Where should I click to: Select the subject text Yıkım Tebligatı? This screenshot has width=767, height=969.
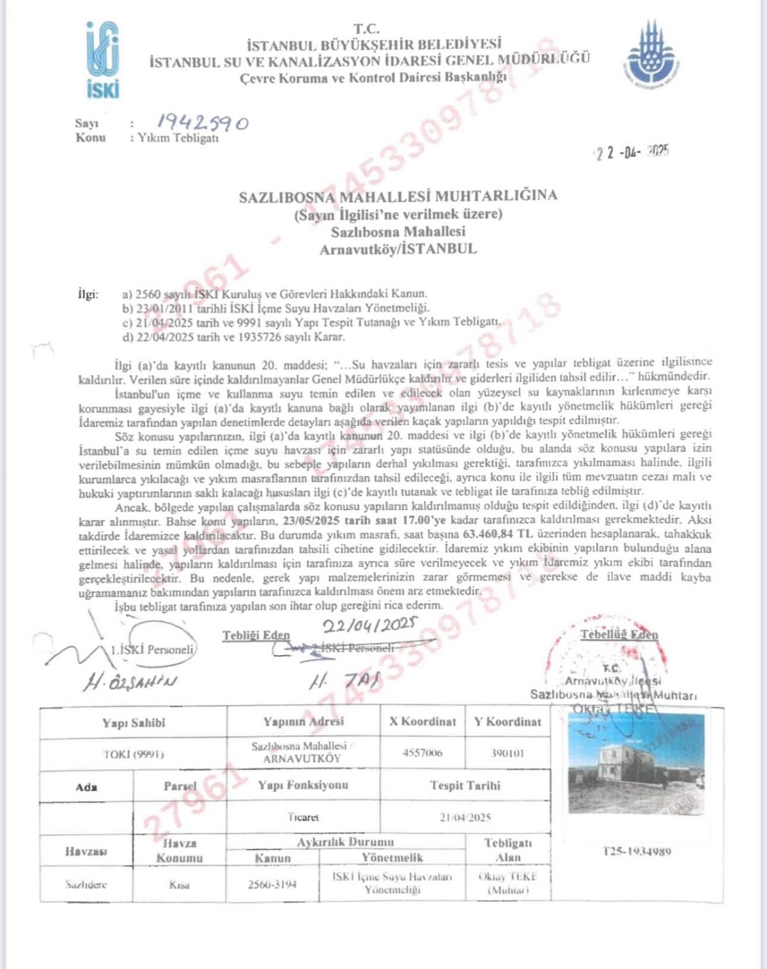pos(178,137)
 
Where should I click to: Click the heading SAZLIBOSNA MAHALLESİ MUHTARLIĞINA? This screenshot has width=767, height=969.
pos(398,196)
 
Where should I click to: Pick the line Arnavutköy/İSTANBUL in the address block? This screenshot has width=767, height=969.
pos(398,249)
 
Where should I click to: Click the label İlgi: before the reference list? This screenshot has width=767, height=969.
pos(88,295)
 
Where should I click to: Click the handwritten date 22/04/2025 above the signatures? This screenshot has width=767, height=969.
pos(369,624)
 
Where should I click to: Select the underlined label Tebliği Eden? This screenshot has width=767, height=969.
pos(256,635)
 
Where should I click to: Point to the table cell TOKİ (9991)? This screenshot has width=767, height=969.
pos(134,754)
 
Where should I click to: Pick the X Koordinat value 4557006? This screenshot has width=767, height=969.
pos(422,754)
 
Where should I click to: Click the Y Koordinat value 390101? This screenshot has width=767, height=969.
pos(507,754)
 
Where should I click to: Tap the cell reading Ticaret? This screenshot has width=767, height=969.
pos(303,817)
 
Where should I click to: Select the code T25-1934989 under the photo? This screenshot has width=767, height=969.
pos(636,851)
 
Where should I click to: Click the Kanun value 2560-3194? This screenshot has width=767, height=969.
pos(272,885)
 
